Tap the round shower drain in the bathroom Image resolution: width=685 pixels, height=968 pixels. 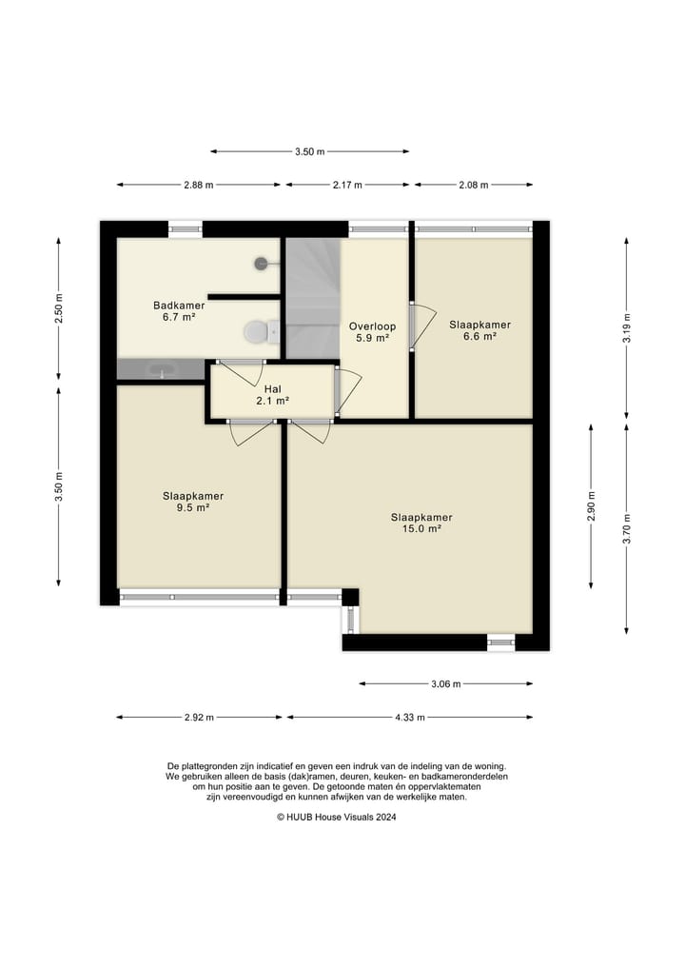pos(261,263)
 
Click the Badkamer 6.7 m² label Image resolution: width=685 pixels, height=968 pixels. pos(179,311)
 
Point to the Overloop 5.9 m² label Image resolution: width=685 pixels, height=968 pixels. pos(372,332)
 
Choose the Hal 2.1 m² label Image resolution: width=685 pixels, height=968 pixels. pos(273,395)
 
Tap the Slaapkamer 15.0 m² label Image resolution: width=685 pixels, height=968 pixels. pos(421,523)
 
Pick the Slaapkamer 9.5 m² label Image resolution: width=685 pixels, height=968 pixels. pos(193,502)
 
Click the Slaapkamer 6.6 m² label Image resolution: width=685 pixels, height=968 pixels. pos(480,330)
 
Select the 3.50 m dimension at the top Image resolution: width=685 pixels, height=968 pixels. pos(310,151)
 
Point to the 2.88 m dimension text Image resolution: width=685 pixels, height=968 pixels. pos(199,185)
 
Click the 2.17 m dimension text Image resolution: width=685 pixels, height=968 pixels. pos(347,185)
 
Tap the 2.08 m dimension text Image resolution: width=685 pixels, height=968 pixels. pos(474,185)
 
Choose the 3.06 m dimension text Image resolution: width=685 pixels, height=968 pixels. pos(445,684)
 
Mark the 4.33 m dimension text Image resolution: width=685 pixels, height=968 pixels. pos(410,718)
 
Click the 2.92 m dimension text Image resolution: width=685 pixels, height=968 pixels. pos(199,718)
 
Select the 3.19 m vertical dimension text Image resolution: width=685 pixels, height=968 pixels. pos(626,328)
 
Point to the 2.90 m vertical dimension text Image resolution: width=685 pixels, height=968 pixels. pos(591,506)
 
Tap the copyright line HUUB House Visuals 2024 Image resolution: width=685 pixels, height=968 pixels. pos(337,817)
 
